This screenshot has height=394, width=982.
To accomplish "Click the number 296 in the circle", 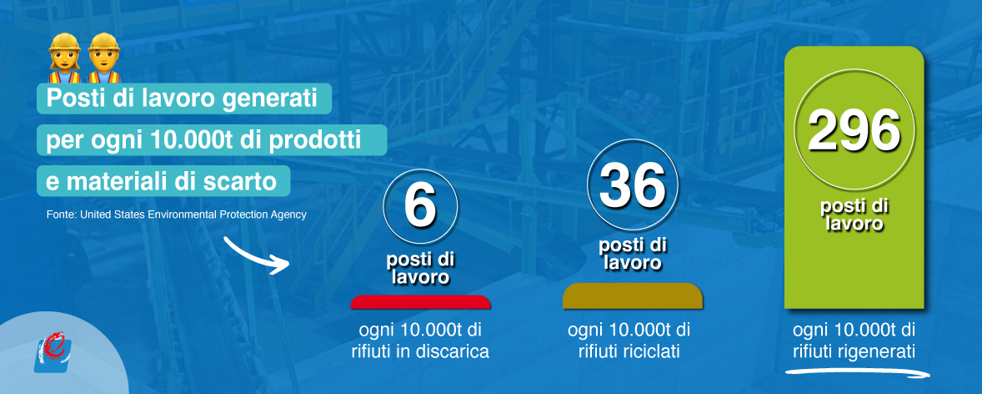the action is point(854,130).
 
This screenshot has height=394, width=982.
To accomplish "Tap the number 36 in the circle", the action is point(633,185).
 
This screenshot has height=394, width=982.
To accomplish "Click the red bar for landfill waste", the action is point(420,302).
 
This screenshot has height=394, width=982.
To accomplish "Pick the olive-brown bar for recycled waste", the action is point(633,296).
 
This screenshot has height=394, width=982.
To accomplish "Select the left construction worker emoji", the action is point(64,58).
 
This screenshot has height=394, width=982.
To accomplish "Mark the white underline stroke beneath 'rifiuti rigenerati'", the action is point(857,372).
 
